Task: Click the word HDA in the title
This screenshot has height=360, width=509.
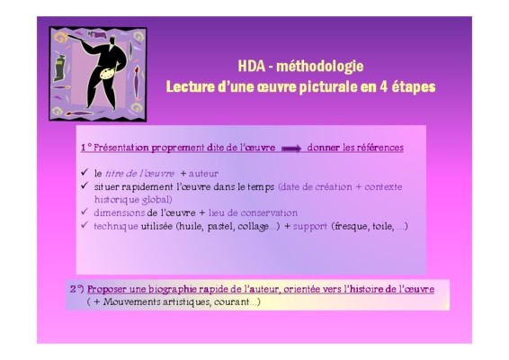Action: click(x=252, y=67)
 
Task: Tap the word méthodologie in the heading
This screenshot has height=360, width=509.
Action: click(x=320, y=67)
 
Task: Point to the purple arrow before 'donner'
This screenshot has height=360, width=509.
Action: click(x=291, y=148)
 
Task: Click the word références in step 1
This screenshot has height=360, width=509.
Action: click(x=380, y=148)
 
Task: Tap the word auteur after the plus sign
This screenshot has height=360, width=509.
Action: click(x=203, y=174)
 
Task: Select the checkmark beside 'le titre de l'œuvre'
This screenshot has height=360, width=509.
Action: click(x=85, y=172)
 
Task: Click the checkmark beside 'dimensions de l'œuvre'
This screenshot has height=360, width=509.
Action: click(x=85, y=211)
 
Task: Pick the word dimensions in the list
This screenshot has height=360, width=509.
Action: click(x=119, y=212)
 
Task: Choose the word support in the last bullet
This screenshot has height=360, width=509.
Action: click(x=310, y=227)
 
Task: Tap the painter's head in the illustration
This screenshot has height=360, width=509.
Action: click(x=112, y=40)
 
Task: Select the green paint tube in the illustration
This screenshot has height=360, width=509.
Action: click(x=59, y=67)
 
